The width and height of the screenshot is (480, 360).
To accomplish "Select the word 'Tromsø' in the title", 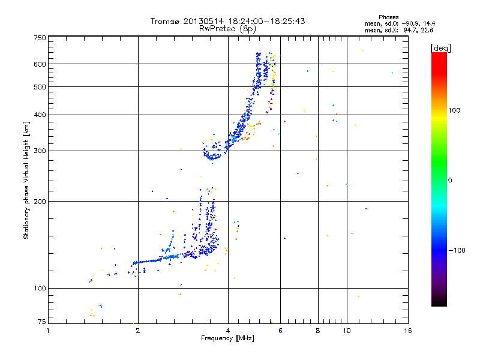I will (x=165, y=21).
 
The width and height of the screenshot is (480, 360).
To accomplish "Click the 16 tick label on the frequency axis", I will (x=407, y=331).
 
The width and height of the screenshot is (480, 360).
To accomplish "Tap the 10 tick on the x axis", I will (x=347, y=331).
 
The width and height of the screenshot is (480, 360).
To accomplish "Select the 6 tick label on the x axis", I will (x=281, y=331).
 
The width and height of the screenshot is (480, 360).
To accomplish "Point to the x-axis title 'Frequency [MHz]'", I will (x=227, y=338).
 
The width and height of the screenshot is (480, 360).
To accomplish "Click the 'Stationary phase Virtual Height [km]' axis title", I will (x=26, y=180).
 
